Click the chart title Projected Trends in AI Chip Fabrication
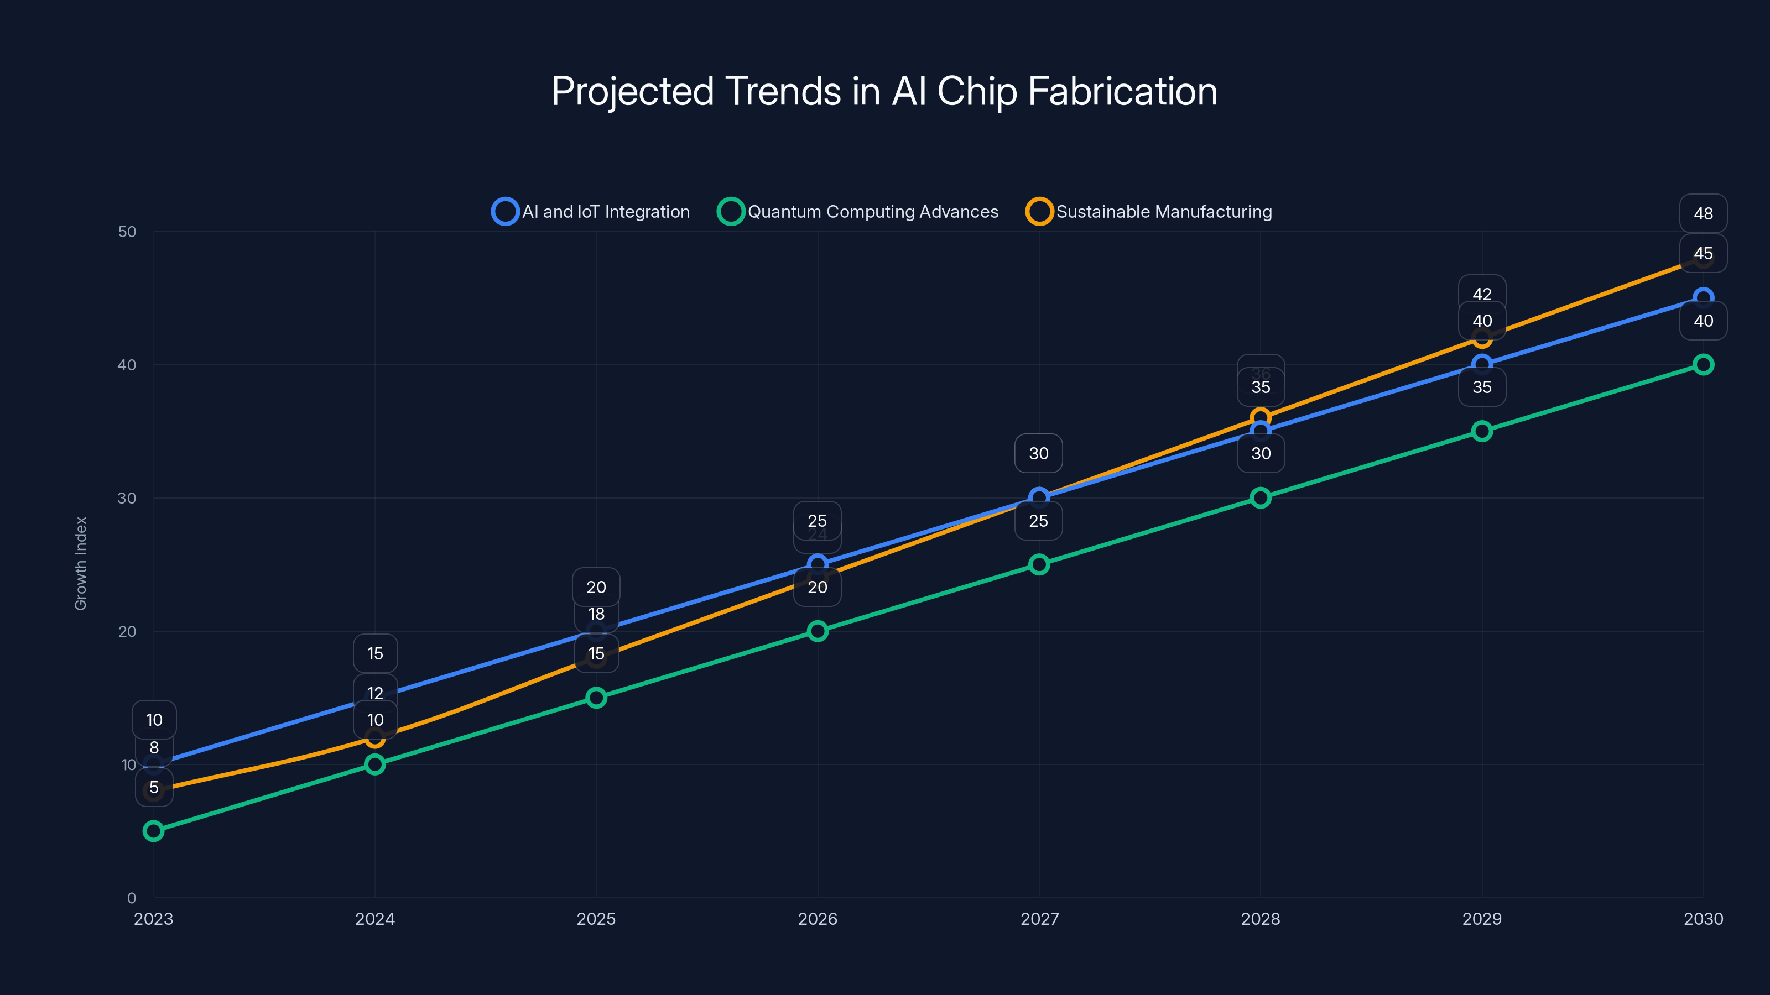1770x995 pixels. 884,91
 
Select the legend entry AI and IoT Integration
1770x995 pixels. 591,212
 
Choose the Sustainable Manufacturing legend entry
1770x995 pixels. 1149,212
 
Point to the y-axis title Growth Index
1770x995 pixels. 81,564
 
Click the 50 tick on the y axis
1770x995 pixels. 127,232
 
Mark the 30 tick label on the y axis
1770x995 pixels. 127,498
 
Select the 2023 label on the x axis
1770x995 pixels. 153,919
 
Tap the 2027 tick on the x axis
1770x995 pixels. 1039,919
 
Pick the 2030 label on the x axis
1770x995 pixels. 1703,919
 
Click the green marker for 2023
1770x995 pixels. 153,831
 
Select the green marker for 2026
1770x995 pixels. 817,631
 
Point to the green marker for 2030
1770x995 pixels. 1703,365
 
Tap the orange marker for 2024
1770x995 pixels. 374,738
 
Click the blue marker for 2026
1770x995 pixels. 817,564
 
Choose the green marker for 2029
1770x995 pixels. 1481,431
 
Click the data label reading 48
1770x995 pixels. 1703,213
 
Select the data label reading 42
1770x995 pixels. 1481,294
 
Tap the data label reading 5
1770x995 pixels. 154,788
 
